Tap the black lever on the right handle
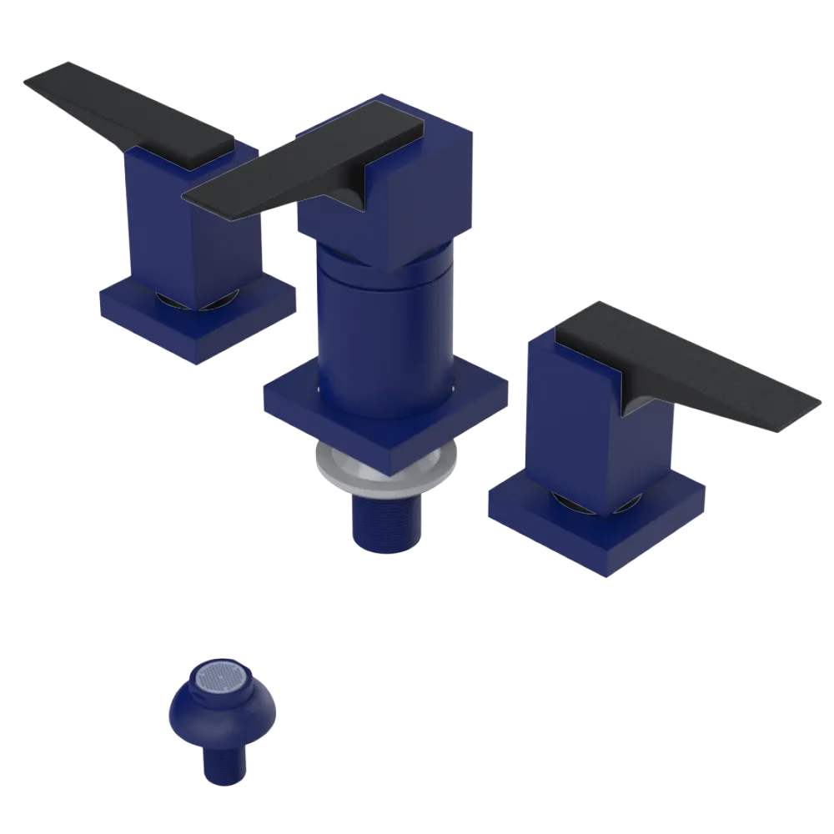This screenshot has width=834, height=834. [684, 367]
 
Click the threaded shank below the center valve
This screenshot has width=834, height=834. [385, 521]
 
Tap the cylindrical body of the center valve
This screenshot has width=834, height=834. [384, 334]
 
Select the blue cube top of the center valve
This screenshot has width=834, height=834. [434, 183]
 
